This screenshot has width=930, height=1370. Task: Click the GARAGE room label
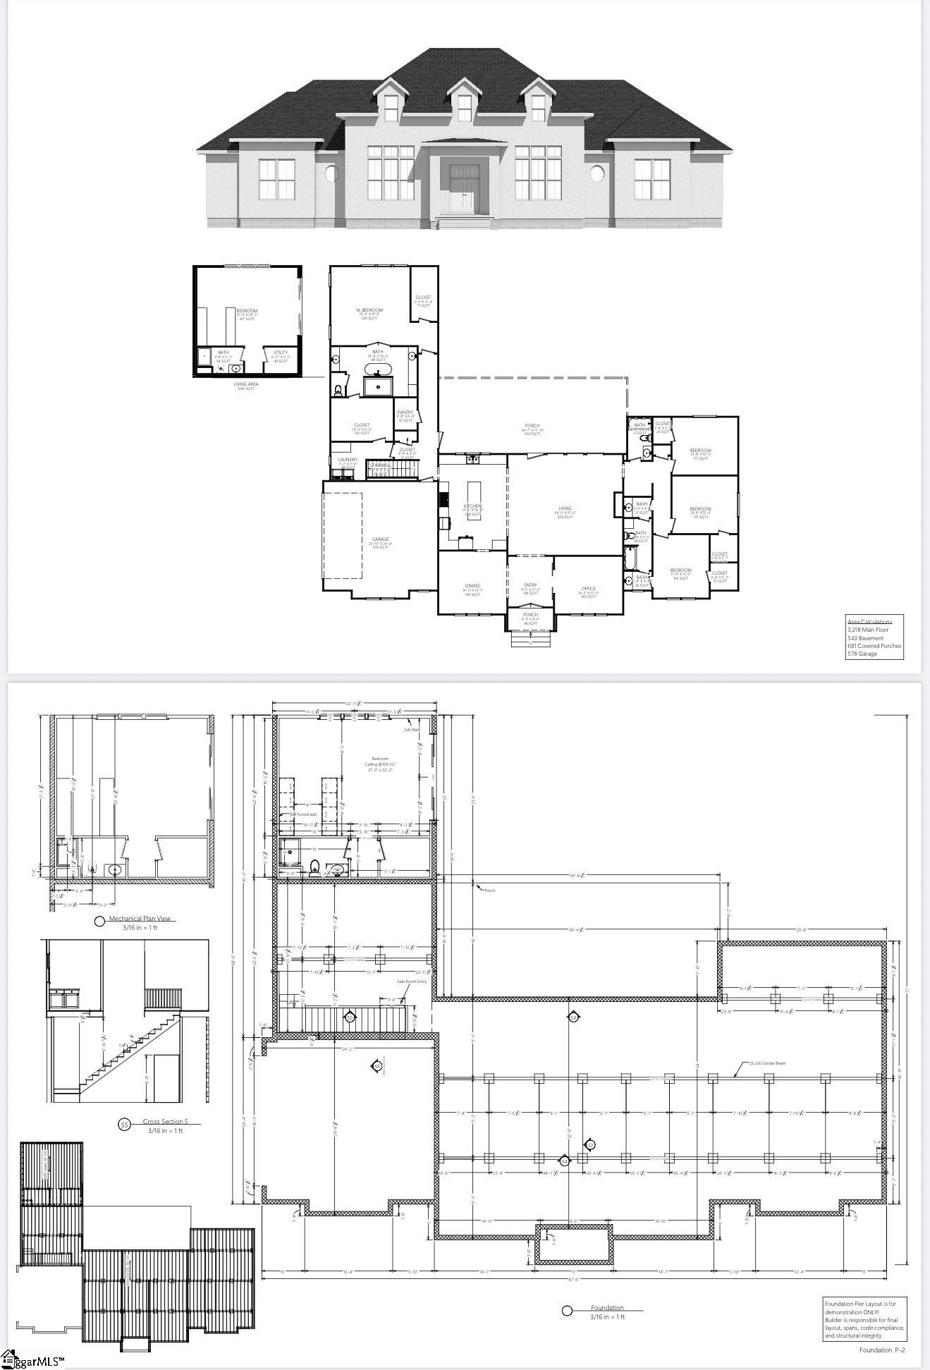click(x=380, y=539)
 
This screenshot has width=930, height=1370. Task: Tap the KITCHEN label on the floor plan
click(x=472, y=506)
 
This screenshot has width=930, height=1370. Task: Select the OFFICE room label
click(x=589, y=588)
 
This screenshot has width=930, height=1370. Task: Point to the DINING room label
click(x=472, y=585)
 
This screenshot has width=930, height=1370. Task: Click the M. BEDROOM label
click(x=369, y=310)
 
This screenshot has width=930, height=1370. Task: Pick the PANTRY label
click(x=405, y=412)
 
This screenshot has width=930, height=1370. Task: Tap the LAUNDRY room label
click(x=348, y=460)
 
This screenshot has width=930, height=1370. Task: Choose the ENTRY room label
click(x=530, y=585)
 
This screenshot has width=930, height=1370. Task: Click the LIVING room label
click(x=565, y=508)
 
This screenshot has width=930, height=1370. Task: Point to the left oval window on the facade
click(x=331, y=173)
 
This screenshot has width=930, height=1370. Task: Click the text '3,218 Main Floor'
click(x=868, y=630)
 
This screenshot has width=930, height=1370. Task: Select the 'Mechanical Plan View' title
click(x=141, y=919)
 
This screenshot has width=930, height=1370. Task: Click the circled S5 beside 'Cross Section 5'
click(x=124, y=1125)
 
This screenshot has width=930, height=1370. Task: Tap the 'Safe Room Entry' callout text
click(x=412, y=981)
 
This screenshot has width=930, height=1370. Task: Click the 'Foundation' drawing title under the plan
click(x=607, y=1308)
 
